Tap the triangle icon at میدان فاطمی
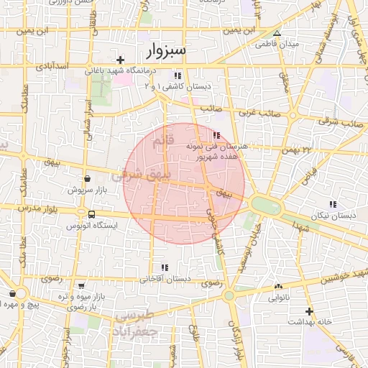coord(277,33)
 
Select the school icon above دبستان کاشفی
coord(177,75)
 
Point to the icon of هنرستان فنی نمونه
coord(217,134)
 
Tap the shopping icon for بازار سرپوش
coord(87,179)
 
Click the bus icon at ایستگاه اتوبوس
coord(91,214)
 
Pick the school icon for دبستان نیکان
coord(332,204)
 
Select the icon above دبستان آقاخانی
coord(165,267)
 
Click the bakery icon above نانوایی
coord(278,286)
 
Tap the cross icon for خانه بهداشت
coord(309,311)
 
